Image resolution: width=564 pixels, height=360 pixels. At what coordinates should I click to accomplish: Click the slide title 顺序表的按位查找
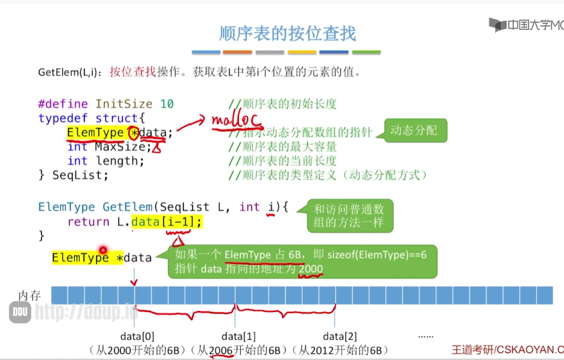(287, 33)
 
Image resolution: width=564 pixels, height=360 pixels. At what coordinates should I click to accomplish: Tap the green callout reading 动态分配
(414, 131)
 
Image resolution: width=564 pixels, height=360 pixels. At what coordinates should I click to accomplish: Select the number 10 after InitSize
(167, 104)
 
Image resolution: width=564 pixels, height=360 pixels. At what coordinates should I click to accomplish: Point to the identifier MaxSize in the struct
(123, 147)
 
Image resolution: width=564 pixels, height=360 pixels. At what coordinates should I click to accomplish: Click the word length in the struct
(120, 161)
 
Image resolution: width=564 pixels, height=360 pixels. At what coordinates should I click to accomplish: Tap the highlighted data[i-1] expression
(167, 222)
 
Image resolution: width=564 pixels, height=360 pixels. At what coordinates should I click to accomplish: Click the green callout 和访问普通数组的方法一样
(349, 216)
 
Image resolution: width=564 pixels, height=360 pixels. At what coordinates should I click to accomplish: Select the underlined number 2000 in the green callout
(311, 268)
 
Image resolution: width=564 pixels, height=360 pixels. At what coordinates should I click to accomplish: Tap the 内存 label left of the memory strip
(30, 296)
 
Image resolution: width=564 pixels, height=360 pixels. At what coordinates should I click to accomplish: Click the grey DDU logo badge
(19, 312)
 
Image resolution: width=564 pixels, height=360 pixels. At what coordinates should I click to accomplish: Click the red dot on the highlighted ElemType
(103, 250)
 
